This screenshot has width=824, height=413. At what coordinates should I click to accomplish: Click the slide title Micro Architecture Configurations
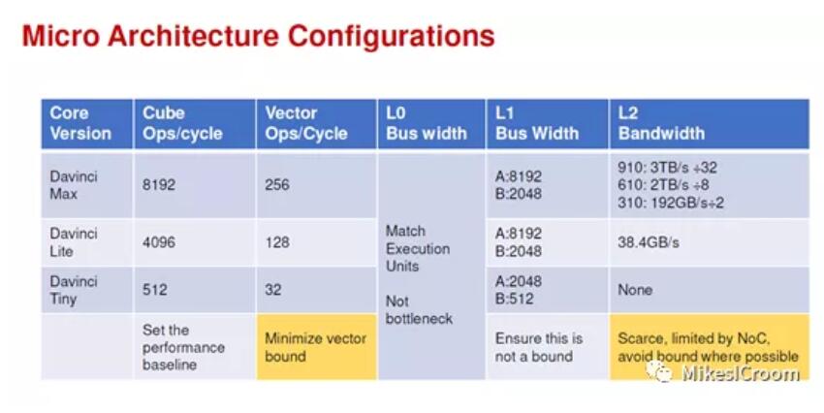258,36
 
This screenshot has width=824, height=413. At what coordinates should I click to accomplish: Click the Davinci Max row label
74,185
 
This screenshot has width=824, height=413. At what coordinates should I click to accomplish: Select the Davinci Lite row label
74,242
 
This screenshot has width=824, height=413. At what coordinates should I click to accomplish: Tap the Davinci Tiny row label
74,290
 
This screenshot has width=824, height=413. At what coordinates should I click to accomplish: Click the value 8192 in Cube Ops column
159,185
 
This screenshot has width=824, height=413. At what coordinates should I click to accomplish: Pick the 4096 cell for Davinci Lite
159,242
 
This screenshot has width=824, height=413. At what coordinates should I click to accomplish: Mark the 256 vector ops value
277,185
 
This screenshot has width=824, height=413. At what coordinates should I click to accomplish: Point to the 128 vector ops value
277,242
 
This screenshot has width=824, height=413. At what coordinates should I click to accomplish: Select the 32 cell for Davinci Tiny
272,290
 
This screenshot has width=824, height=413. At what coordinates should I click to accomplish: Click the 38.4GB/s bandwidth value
649,242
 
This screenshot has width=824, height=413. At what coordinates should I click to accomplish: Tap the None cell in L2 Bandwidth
635,290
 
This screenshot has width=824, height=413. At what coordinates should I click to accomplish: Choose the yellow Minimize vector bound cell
316,347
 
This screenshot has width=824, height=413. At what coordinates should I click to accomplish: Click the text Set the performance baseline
183,347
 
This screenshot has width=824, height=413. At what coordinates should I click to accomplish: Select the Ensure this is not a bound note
539,347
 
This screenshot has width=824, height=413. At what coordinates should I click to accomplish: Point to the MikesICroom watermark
722,372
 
